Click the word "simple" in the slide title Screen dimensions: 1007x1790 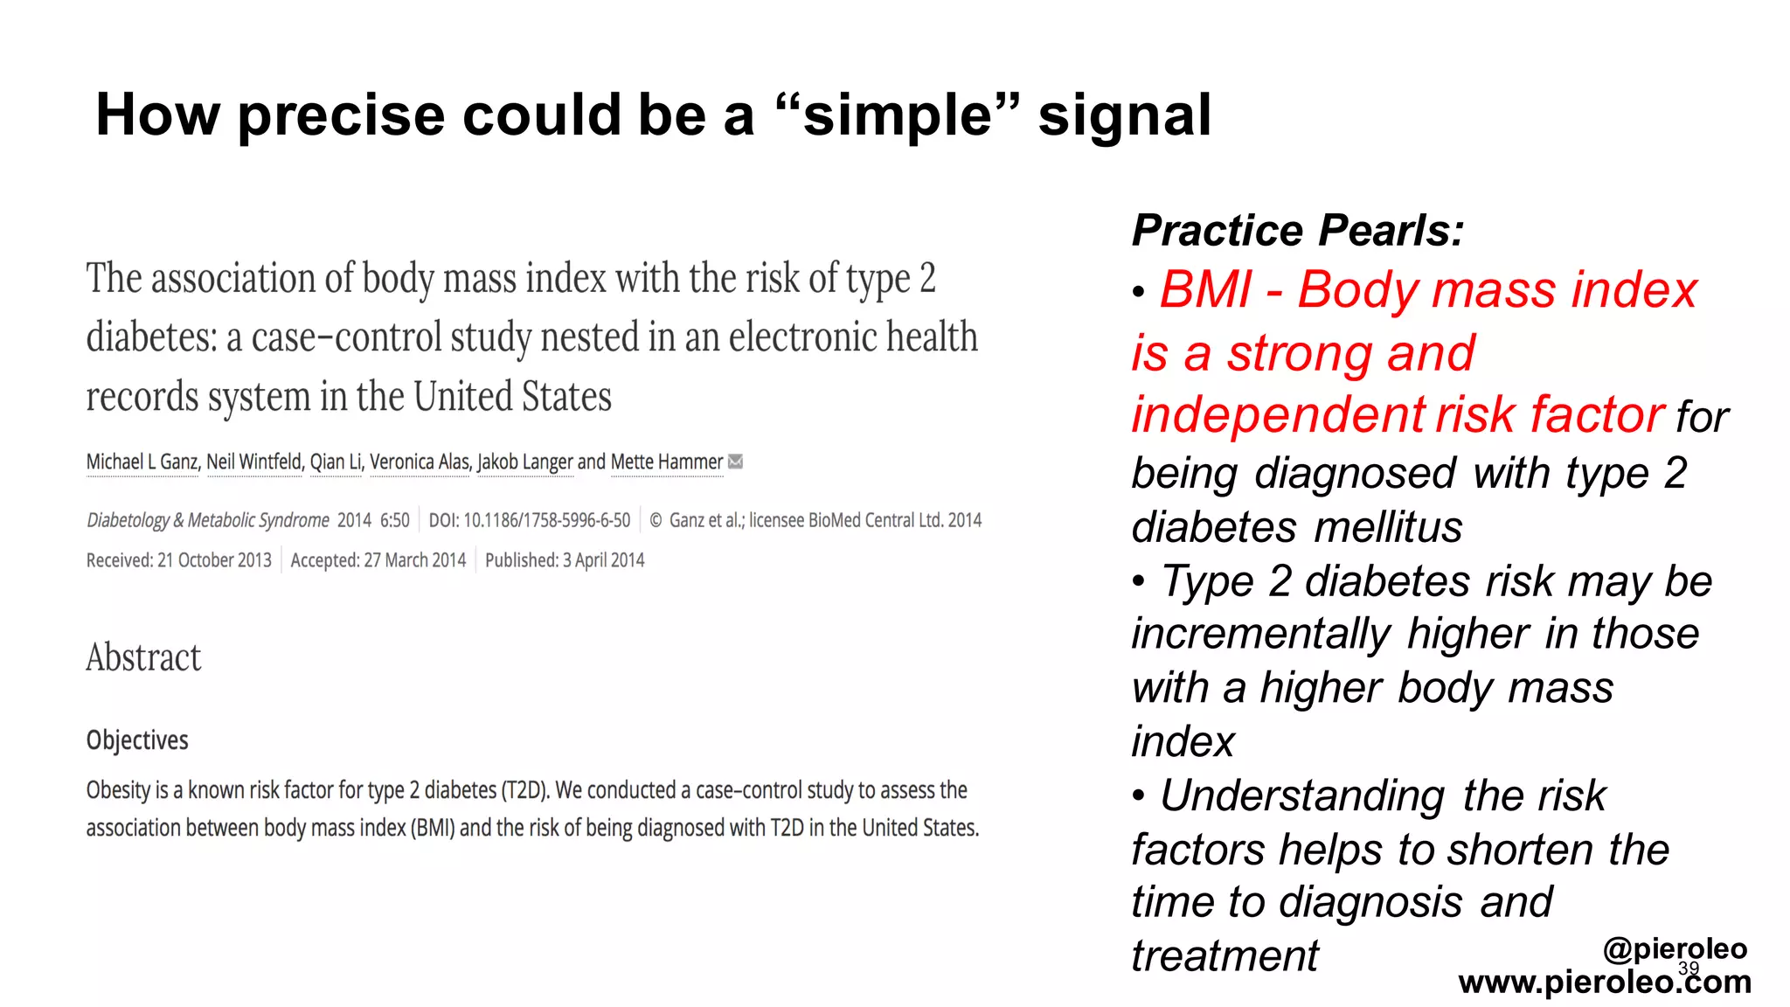click(897, 116)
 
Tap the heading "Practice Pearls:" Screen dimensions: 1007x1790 click(1297, 231)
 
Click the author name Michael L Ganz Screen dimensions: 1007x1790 click(142, 462)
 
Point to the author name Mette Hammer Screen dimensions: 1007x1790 click(667, 462)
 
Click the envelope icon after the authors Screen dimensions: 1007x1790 click(736, 462)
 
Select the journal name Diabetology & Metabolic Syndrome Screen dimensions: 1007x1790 click(208, 521)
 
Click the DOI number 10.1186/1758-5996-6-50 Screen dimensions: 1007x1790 click(546, 521)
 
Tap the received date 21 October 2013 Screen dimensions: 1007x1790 click(214, 560)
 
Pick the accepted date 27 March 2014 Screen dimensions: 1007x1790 click(414, 560)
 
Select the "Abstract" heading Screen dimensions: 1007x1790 click(143, 658)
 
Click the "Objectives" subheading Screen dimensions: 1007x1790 click(137, 740)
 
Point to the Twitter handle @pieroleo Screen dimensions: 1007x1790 click(1675, 948)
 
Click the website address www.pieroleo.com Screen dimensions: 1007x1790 click(1605, 983)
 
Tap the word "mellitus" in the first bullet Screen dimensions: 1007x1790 click(1388, 527)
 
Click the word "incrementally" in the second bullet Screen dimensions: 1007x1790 click(1260, 634)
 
